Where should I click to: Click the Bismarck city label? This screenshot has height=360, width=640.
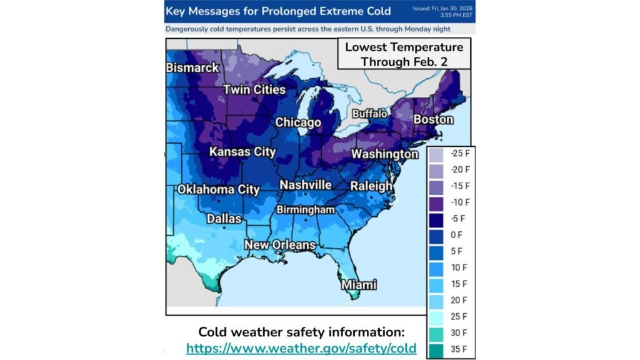(x=192, y=67)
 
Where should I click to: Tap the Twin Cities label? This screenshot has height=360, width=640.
(x=254, y=90)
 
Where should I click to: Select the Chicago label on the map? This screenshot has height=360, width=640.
(x=298, y=122)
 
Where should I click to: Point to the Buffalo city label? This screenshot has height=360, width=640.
(x=370, y=114)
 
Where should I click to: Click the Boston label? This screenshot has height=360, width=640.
(x=433, y=119)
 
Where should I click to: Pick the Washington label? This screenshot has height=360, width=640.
(x=384, y=154)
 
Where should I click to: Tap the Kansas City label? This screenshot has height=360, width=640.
(x=242, y=152)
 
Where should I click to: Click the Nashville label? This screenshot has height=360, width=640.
(x=306, y=186)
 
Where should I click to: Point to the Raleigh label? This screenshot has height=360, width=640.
(x=371, y=186)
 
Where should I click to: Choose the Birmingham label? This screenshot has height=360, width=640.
(x=306, y=209)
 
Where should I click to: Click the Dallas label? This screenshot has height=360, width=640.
(x=224, y=219)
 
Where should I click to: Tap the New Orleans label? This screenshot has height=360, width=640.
(x=279, y=245)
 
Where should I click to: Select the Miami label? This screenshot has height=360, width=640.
(x=359, y=285)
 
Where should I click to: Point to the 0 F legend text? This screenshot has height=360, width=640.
(x=456, y=235)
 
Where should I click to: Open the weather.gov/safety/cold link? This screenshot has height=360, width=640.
(x=301, y=348)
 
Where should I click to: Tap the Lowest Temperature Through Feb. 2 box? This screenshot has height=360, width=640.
(x=404, y=54)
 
